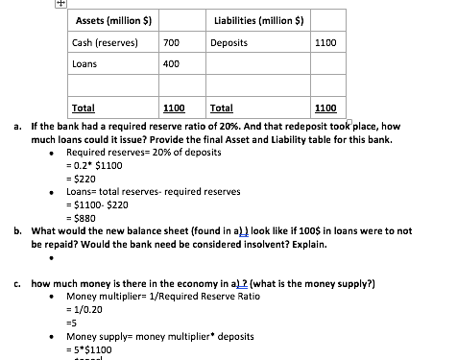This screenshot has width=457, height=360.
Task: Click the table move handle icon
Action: [x=59, y=4]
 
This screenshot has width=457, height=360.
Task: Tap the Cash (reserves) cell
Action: [x=106, y=43]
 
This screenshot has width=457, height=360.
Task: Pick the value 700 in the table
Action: [x=172, y=43]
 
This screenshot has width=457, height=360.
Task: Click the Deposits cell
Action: [x=229, y=43]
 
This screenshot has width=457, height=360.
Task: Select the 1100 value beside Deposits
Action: [x=326, y=43]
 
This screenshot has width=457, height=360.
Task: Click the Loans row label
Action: [x=85, y=64]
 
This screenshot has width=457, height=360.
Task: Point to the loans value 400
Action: [x=172, y=64]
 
